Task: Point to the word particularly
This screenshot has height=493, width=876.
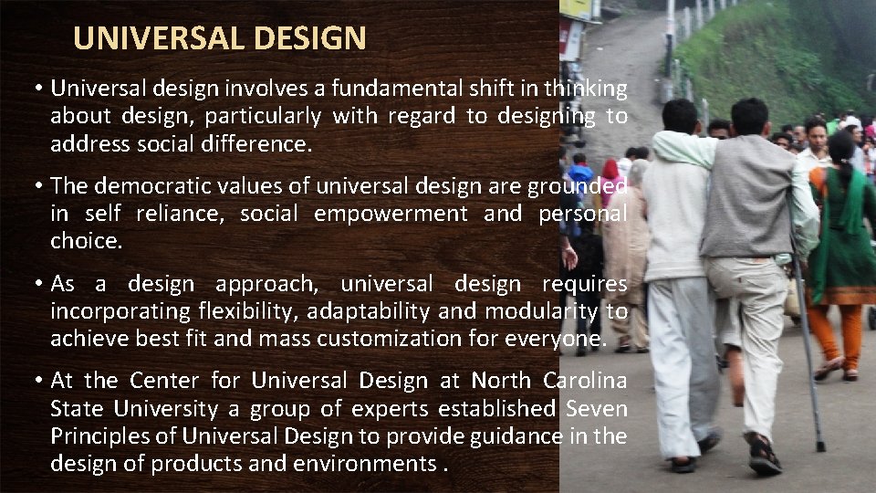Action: [263, 116]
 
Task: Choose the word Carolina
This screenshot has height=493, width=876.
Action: [584, 380]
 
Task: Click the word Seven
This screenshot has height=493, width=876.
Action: [595, 408]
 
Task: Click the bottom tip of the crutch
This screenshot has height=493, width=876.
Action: [820, 447]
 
